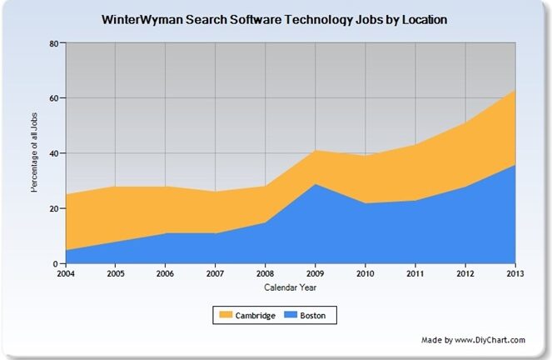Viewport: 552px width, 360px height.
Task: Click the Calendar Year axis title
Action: (x=291, y=288)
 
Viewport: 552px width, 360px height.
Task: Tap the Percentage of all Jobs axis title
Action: (x=35, y=153)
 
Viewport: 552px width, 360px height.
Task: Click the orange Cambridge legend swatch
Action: (x=226, y=316)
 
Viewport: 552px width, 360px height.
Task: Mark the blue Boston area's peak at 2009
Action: (x=316, y=185)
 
